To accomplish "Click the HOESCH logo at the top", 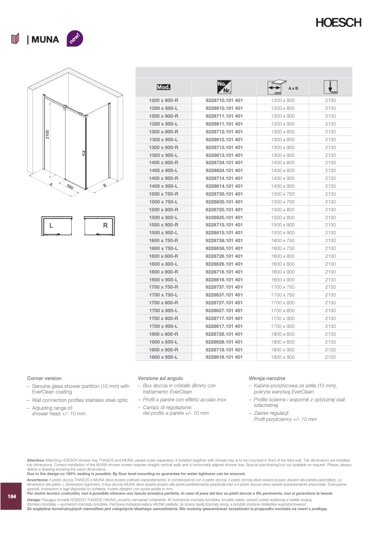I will tap(338, 23).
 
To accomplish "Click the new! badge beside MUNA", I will tap(74, 39).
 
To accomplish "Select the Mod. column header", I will tap(163, 87).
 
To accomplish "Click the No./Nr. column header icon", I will tap(224, 87).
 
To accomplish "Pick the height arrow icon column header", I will tap(330, 87).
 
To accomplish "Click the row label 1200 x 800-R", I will tap(163, 100).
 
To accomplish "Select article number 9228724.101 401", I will tap(224, 163).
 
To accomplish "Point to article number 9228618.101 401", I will tap(224, 357).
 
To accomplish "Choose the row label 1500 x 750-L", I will tap(163, 201).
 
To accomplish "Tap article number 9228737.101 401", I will tap(224, 286).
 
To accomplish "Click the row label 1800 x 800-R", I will tap(163, 334).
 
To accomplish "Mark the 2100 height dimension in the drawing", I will tap(48, 135).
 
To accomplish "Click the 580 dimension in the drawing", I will tap(70, 187).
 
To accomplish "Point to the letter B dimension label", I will tap(105, 186).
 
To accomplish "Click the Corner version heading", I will tap(44, 378).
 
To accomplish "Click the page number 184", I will tap(12, 497).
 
